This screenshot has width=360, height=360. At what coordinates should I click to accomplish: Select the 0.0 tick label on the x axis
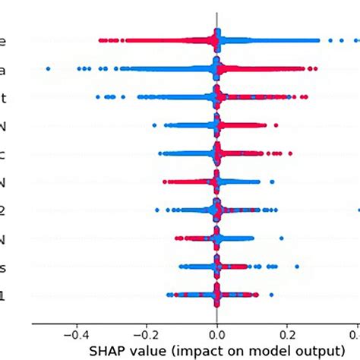coord(217,332)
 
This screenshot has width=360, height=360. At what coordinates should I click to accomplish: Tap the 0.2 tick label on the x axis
coord(288,332)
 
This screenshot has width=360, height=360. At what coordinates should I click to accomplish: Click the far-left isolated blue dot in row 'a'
coord(48,68)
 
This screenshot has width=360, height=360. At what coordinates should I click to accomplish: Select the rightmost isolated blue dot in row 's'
coord(297,267)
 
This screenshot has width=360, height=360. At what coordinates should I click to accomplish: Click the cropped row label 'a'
coord(4,69)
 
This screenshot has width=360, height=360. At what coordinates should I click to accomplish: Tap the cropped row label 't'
coord(4,97)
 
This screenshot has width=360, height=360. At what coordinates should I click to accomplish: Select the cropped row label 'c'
coord(4,154)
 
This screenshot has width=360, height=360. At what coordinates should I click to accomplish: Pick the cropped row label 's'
coord(4,267)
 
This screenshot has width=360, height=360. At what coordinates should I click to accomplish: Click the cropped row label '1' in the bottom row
coord(4,295)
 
